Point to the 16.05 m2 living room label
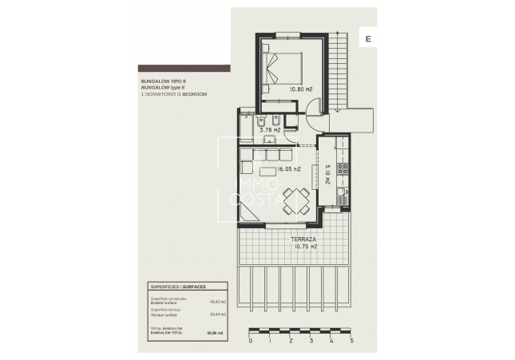pos(287,169)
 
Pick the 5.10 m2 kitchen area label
pos(328,174)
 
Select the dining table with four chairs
pos(296,200)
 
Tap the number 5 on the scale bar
pos(351,340)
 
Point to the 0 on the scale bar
pos(251,340)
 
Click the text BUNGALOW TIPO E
pos(163,81)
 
